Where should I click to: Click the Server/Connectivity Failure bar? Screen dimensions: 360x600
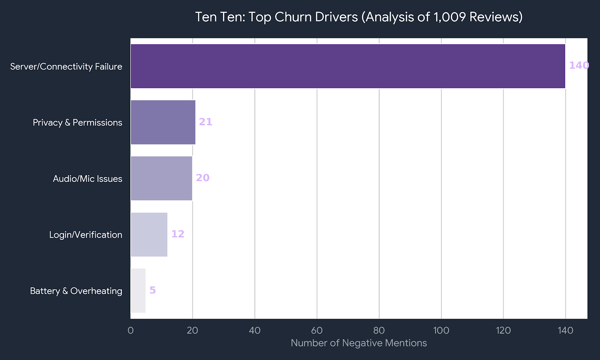point(348,66)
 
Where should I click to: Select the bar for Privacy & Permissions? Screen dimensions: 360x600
point(163,122)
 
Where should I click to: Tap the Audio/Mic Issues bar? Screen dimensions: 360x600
point(161,178)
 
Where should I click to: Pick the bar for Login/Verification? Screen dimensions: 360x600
point(149,234)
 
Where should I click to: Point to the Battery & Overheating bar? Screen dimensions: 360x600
point(138,291)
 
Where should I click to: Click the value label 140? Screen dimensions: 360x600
point(579,66)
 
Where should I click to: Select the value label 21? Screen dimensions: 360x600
point(205,122)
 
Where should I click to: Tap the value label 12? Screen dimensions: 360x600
point(178,234)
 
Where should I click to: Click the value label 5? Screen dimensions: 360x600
point(153,290)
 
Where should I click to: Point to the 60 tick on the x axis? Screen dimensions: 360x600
point(317,330)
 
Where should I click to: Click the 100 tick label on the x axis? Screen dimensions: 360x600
point(441,330)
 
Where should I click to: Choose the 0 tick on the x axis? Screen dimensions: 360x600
point(130,330)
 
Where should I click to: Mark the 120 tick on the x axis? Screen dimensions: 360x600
point(503,330)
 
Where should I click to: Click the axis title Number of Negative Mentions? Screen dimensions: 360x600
point(359,343)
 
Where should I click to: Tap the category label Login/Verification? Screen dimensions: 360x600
point(85,235)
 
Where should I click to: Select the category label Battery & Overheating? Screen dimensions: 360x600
point(76,291)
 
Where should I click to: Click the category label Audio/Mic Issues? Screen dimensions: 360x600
point(87,178)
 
